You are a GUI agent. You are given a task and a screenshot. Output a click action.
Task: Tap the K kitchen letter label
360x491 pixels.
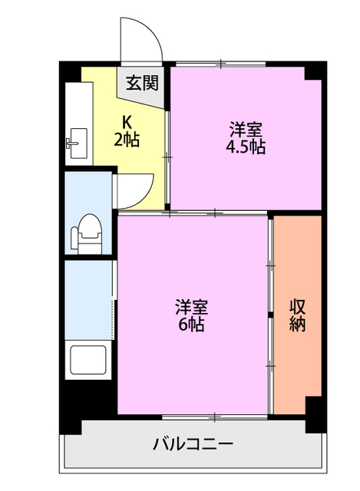127,122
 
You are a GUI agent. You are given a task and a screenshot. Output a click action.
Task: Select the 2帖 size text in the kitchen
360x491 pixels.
127,140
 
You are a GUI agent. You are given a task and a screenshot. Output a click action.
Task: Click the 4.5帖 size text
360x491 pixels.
246,147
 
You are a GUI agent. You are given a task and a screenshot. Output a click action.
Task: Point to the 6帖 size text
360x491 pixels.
192,325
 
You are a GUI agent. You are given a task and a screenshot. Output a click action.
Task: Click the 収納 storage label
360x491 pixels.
298,315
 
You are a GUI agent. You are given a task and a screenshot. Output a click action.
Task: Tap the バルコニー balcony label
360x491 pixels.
192,443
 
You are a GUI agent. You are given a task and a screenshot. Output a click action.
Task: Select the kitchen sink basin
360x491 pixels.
75,142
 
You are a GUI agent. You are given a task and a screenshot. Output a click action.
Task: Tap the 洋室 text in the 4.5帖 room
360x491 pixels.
246,128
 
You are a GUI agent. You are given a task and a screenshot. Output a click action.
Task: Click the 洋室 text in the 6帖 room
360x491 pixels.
192,306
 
